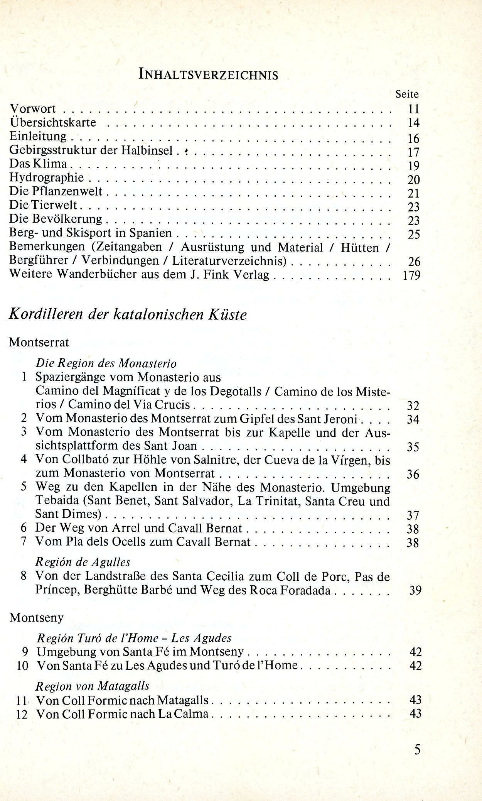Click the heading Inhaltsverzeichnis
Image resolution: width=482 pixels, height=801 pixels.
coord(208,74)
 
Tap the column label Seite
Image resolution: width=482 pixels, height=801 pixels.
coord(407,94)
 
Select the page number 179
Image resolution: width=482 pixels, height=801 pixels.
coord(411,275)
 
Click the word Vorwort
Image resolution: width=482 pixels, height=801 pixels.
coord(33,109)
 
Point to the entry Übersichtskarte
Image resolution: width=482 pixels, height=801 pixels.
coord(53,122)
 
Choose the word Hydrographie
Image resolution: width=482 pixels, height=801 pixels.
coord(47,177)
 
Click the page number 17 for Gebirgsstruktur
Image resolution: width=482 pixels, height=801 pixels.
coord(413,152)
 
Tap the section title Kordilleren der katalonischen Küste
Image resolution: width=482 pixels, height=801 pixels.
coord(128,314)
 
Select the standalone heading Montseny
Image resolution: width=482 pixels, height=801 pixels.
coord(36,617)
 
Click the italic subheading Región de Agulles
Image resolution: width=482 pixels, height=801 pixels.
coord(83,562)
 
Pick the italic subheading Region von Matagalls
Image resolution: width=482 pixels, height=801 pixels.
coord(93,686)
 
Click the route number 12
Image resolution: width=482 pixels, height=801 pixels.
coord(22,714)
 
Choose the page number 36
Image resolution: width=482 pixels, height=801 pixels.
coord(413,474)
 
